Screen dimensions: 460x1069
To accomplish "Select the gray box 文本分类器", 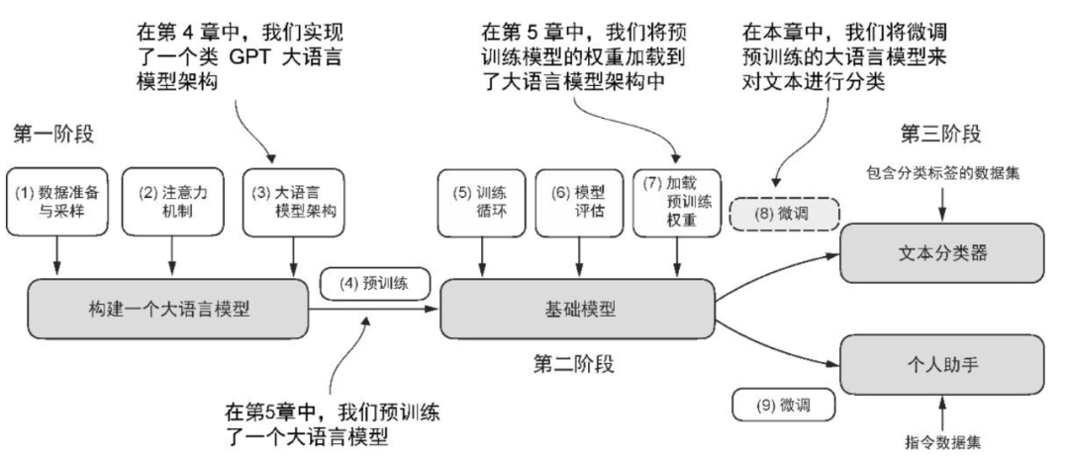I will (942, 252).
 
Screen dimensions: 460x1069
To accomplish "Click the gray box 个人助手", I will (942, 364).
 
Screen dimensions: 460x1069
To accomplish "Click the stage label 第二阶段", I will (575, 364).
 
